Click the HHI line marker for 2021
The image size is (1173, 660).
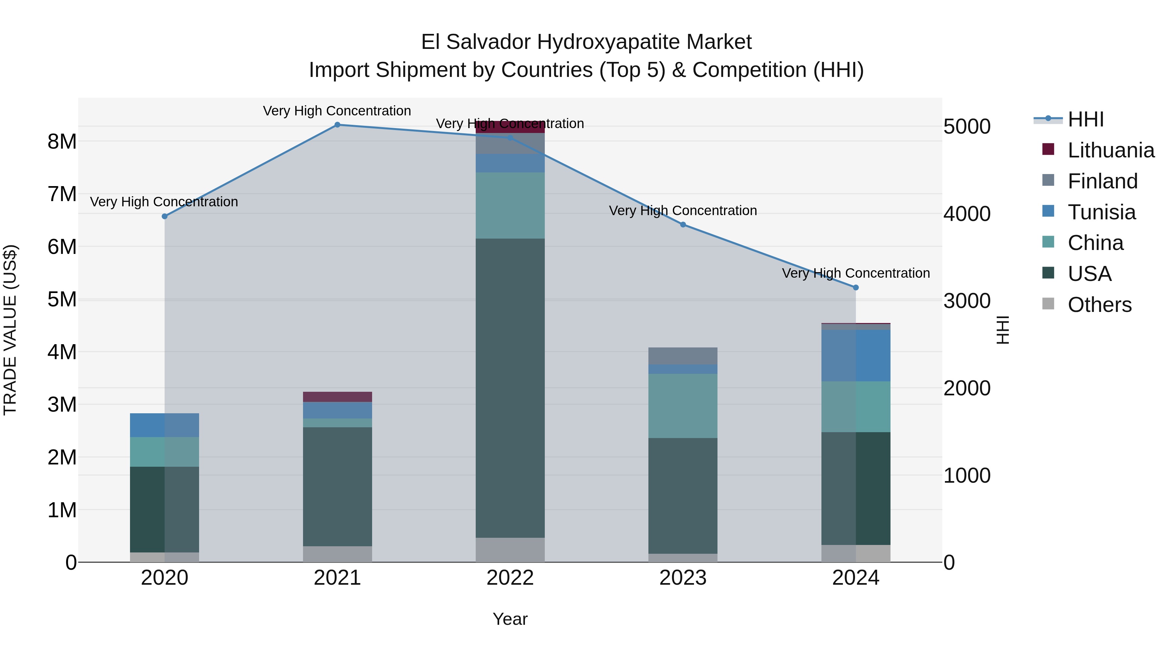[x=338, y=125]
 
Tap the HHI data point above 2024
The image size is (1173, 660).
[x=856, y=287]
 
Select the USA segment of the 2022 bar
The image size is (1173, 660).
[x=510, y=388]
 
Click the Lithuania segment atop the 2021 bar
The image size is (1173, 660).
[x=338, y=397]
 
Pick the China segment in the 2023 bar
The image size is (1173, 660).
[x=683, y=406]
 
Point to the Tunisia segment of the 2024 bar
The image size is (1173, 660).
[x=856, y=356]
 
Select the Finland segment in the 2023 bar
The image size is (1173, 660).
[x=683, y=356]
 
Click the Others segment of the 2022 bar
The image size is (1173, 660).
[x=510, y=550]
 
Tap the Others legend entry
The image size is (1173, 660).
[x=1099, y=305]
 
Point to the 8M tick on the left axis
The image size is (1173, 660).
[x=62, y=142]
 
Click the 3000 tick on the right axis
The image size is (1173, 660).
[x=966, y=301]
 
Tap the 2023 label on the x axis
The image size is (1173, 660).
[x=683, y=578]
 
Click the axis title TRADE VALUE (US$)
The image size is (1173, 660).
[x=10, y=330]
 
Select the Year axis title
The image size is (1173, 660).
[x=510, y=619]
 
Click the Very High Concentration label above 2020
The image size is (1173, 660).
[x=164, y=202]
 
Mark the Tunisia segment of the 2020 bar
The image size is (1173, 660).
[x=165, y=425]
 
